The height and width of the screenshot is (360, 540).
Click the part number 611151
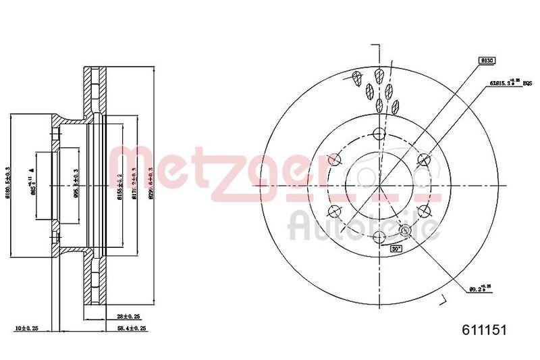(x=483, y=329)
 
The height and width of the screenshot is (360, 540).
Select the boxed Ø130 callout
(x=487, y=61)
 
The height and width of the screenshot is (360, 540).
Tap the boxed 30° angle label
(x=396, y=249)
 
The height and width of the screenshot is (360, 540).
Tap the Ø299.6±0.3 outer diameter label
(x=152, y=180)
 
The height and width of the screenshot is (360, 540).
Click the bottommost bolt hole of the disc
(x=379, y=236)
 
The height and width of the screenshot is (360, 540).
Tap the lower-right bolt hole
(x=424, y=210)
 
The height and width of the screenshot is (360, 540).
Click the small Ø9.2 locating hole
(x=406, y=232)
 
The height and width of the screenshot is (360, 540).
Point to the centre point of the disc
(x=379, y=185)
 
